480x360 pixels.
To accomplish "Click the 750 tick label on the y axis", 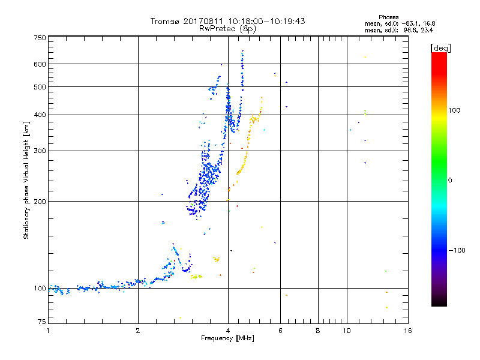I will pos(40,37).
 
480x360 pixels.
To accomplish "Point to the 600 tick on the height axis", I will pos(40,64).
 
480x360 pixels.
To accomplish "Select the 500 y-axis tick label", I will pos(40,86).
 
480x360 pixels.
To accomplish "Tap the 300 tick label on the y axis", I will pos(40,151).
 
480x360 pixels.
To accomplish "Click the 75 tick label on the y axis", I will pos(41,323).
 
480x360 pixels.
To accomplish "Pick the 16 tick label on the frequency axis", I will pos(407,330).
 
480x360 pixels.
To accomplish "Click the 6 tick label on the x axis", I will pos(280,330).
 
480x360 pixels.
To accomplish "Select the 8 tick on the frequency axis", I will pos(318,330).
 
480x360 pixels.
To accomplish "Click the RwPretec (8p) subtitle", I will pos(228,28).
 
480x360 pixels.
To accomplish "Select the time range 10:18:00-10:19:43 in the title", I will pos(264,21).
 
